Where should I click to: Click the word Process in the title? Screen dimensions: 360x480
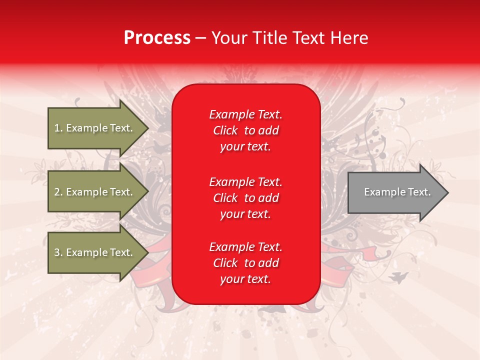tap(157, 38)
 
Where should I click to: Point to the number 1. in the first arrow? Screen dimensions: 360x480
tap(58, 128)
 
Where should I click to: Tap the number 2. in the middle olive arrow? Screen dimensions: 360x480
tap(58, 192)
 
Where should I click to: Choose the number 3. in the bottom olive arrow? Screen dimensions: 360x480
tap(58, 253)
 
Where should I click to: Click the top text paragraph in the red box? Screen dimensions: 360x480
tap(245, 130)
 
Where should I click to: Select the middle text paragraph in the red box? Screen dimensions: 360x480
tap(245, 198)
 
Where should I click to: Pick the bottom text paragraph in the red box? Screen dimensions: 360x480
tap(245, 263)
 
